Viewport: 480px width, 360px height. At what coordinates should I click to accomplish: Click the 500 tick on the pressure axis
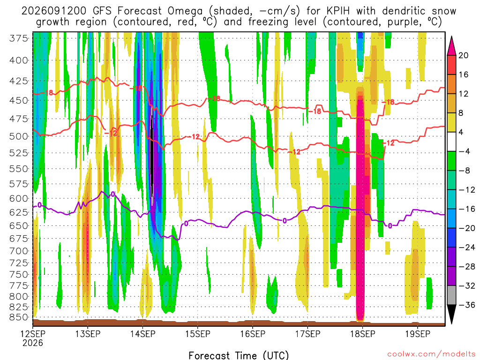click(x=19, y=136)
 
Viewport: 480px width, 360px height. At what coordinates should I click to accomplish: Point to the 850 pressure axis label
click(x=19, y=317)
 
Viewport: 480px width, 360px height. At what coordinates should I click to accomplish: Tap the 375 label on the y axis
click(x=19, y=38)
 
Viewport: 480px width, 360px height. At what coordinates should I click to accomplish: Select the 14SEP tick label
click(x=142, y=334)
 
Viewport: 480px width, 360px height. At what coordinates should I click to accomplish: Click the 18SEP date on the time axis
click(x=363, y=334)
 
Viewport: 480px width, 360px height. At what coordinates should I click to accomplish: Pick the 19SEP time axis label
click(x=418, y=334)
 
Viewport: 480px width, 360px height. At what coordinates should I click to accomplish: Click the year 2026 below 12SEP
click(x=33, y=343)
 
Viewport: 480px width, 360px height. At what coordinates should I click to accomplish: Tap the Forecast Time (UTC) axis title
click(x=239, y=355)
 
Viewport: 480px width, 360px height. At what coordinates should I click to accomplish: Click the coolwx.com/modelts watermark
click(x=431, y=354)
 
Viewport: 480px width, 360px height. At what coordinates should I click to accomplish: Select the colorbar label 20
click(x=463, y=55)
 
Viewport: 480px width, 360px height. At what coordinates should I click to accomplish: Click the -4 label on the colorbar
click(x=465, y=151)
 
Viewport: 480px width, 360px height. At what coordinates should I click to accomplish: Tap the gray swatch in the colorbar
click(x=451, y=295)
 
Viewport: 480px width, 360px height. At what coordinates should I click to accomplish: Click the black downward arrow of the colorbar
click(x=451, y=313)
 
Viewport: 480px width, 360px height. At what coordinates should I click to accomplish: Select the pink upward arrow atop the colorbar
click(x=451, y=46)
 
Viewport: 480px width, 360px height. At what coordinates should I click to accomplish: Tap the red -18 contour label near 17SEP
click(x=315, y=111)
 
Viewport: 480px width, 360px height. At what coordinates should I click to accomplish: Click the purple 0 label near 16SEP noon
click(x=285, y=221)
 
